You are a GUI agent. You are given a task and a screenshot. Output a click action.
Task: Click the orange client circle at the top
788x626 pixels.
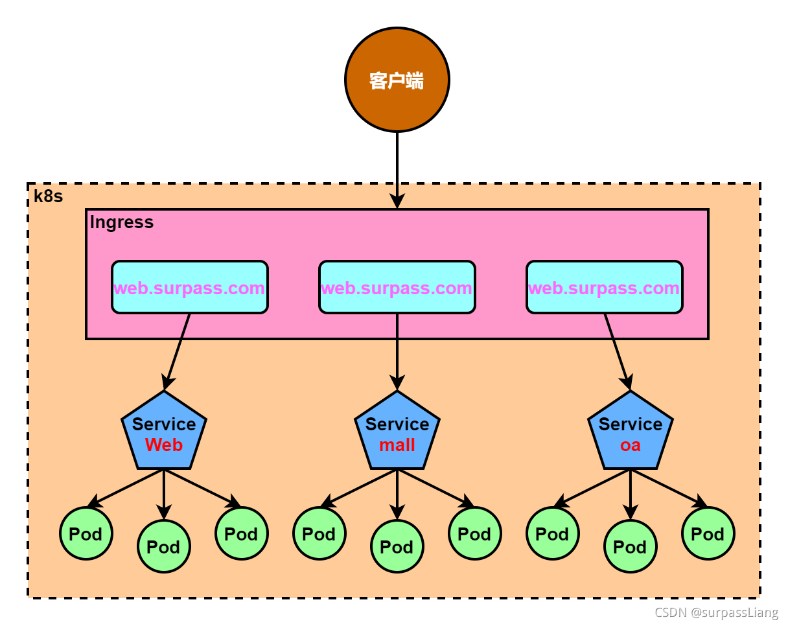(x=397, y=80)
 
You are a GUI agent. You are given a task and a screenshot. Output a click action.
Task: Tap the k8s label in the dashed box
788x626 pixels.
(x=49, y=196)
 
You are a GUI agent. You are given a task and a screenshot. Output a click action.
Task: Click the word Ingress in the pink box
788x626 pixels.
(x=122, y=222)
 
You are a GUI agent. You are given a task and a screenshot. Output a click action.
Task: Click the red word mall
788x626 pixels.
(x=397, y=445)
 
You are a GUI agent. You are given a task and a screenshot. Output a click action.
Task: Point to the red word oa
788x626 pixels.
(x=631, y=445)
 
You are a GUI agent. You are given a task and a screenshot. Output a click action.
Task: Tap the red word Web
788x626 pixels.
(x=164, y=445)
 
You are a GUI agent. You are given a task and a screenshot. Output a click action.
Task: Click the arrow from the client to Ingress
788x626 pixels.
(x=397, y=168)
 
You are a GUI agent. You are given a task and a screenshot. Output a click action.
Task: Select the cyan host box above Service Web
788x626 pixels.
(x=190, y=288)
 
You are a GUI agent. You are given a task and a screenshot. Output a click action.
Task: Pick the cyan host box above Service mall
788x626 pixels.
(x=397, y=288)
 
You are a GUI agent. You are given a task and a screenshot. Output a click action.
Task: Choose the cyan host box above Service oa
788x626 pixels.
(x=605, y=288)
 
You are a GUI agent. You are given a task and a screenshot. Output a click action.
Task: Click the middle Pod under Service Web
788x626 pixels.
(x=164, y=546)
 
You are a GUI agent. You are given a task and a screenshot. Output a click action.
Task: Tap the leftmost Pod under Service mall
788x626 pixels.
(x=319, y=533)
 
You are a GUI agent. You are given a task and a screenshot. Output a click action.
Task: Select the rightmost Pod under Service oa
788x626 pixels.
(x=708, y=533)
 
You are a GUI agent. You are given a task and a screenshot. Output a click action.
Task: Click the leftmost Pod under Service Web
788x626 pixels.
(x=86, y=533)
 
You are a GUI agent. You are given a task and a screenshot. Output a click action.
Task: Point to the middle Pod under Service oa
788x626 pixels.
(x=631, y=546)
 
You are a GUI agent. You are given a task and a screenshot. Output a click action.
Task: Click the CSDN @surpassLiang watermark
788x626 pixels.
(x=716, y=612)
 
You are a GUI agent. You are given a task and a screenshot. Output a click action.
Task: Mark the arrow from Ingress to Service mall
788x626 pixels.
(x=397, y=353)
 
